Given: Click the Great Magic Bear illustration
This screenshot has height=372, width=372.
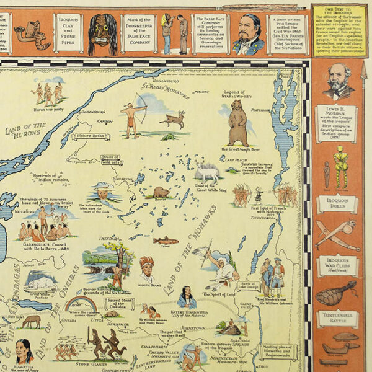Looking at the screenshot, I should click(x=237, y=123).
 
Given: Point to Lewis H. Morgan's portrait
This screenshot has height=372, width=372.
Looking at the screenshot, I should click(x=339, y=81).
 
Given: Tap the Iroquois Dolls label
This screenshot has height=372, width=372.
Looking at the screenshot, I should click(x=338, y=205).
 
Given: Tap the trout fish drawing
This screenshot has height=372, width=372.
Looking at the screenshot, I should click(x=166, y=241).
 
